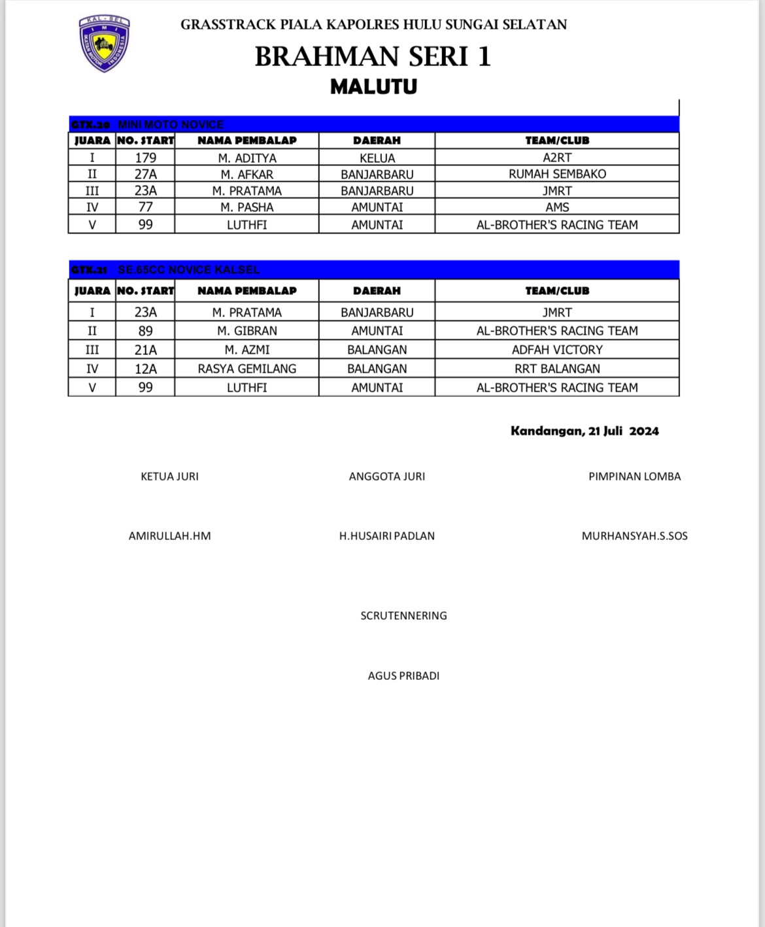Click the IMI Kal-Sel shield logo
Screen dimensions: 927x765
tap(105, 43)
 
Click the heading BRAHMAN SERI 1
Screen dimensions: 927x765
tap(373, 57)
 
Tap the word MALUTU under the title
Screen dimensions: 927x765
tap(373, 87)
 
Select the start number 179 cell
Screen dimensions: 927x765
tap(145, 158)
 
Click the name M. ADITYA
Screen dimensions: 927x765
tap(247, 158)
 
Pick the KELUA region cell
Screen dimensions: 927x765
tap(377, 158)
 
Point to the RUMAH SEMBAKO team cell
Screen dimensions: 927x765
tap(557, 174)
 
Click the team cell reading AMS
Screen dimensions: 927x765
tap(557, 207)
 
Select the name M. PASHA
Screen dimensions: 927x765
tap(247, 207)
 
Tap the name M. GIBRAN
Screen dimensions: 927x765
tap(247, 331)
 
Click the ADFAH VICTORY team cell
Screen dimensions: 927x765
tap(557, 350)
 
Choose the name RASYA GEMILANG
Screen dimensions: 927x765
tap(247, 369)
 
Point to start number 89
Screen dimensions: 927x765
tap(145, 331)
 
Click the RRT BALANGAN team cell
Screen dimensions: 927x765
tap(557, 369)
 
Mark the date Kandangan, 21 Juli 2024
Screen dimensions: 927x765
tap(585, 431)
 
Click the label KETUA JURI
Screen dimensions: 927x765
tap(169, 477)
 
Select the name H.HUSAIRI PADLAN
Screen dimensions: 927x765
tap(386, 536)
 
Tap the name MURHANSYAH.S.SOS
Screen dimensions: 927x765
tap(634, 536)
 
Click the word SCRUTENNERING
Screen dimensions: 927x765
tap(403, 616)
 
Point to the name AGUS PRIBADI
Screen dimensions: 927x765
tap(403, 676)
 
